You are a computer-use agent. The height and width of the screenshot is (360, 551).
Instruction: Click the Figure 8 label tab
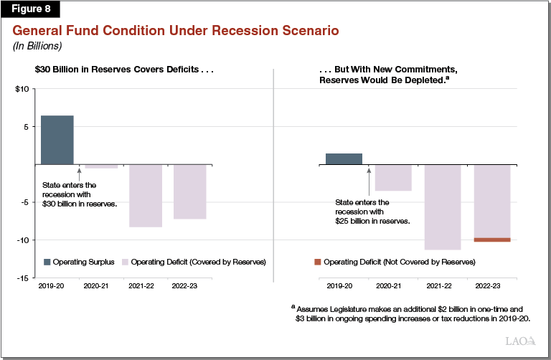[31, 9]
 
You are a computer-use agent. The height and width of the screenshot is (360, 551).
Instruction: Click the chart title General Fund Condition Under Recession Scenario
[175, 31]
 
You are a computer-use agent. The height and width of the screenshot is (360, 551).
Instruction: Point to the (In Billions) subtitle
[36, 46]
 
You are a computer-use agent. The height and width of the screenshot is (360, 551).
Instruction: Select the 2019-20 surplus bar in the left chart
[57, 140]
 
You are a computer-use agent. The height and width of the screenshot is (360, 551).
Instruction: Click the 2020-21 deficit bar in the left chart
[101, 166]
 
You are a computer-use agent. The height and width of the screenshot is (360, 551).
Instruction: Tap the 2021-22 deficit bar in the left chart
[146, 195]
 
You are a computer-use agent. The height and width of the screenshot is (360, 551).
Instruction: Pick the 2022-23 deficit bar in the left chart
[189, 191]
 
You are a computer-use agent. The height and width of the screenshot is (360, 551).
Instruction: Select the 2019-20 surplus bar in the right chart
[344, 158]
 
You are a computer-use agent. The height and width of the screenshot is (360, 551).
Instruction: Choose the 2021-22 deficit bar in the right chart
[443, 207]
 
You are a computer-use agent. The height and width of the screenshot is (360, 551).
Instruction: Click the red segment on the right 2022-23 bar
[491, 240]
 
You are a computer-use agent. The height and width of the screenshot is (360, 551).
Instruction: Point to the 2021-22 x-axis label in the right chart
[443, 286]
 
